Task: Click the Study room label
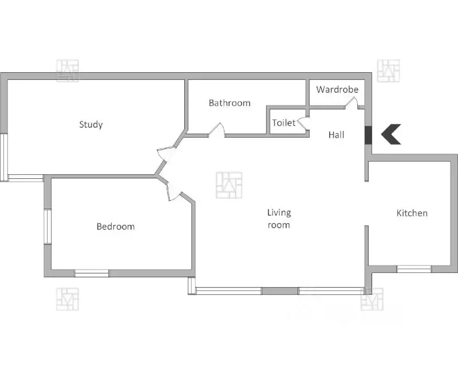[x=91, y=124]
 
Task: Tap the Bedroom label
[x=116, y=227]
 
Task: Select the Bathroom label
[x=230, y=103]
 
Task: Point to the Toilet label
[x=284, y=123]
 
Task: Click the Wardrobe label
[x=337, y=89]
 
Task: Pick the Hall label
[x=336, y=135]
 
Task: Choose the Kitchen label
[x=412, y=213]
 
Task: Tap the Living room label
[x=279, y=218]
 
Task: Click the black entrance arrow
[x=391, y=134]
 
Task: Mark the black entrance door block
[x=368, y=135]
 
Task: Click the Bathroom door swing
[x=217, y=130]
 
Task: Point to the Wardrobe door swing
[x=352, y=103]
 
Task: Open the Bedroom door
[x=174, y=192]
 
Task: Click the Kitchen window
[x=414, y=269]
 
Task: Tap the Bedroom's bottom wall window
[x=92, y=274]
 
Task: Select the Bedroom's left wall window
[x=48, y=227]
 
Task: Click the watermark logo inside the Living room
[x=229, y=185]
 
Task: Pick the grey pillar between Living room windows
[x=280, y=291]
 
